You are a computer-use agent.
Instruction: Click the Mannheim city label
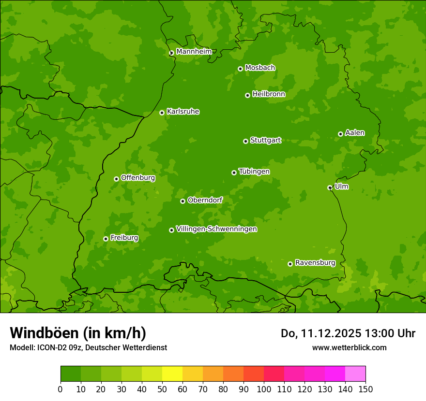(x=194, y=52)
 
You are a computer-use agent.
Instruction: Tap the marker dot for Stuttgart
(x=245, y=141)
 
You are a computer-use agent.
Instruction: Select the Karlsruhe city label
(x=183, y=112)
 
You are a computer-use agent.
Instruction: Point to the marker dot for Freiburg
(x=106, y=239)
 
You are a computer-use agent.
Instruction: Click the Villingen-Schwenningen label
(x=216, y=229)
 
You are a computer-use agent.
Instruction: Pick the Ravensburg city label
(x=315, y=263)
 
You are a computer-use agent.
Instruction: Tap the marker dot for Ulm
(x=330, y=187)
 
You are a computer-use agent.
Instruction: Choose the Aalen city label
(x=355, y=133)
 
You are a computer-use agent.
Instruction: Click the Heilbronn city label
(x=269, y=94)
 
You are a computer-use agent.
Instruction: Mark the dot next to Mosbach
(x=240, y=69)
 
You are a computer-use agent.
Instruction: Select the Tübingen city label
(x=254, y=172)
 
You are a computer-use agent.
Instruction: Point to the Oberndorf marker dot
(x=183, y=201)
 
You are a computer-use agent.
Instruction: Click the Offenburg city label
(x=138, y=178)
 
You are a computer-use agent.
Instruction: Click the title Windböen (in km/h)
(x=78, y=333)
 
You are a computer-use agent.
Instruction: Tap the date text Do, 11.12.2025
(x=320, y=333)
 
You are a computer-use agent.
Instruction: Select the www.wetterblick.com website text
(x=349, y=347)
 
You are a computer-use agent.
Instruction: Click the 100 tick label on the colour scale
(x=264, y=389)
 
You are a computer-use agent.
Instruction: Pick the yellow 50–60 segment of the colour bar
(x=172, y=374)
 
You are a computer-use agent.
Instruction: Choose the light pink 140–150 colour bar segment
(x=355, y=374)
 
